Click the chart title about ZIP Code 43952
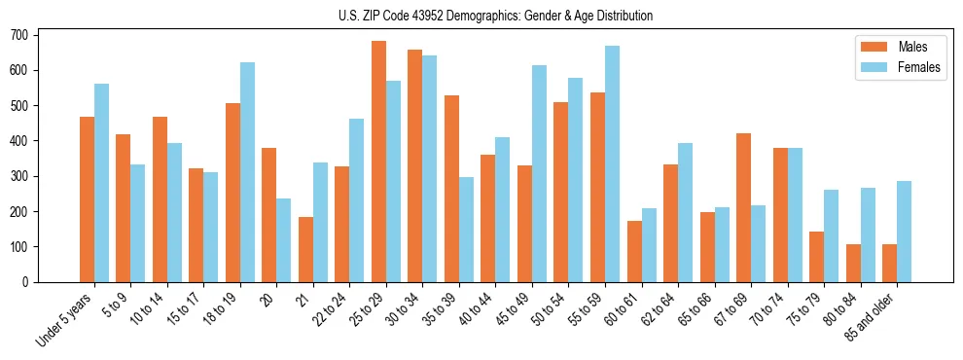(481, 16)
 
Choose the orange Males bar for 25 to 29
(378, 162)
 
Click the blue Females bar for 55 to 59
(612, 163)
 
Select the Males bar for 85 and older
(889, 263)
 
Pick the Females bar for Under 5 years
(101, 183)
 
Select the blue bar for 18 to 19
(247, 172)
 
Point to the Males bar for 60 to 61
(634, 251)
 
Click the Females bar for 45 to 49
(539, 173)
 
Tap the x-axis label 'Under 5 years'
(66, 317)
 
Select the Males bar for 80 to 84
(853, 263)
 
